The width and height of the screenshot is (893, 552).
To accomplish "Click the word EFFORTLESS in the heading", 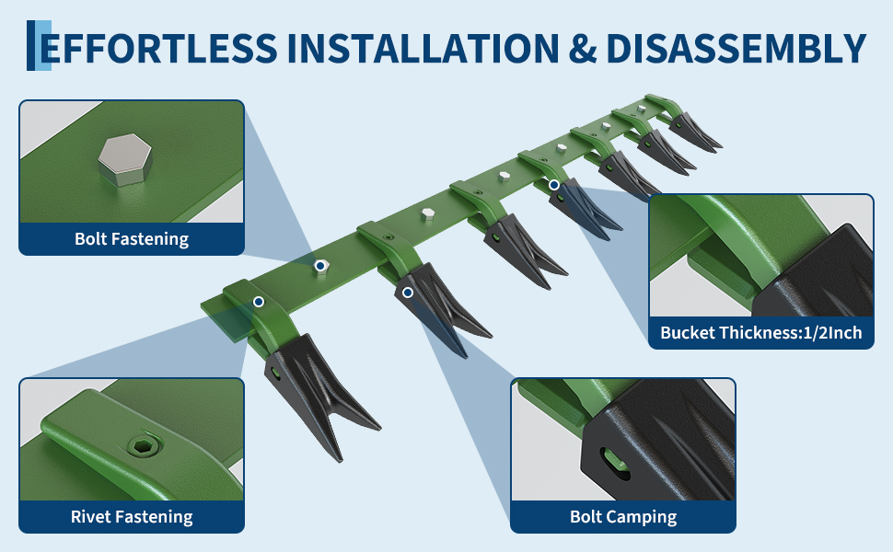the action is [x=158, y=49].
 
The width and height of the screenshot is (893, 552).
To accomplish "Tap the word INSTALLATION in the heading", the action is [x=423, y=49].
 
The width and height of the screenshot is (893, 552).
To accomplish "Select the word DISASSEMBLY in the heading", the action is [x=736, y=49].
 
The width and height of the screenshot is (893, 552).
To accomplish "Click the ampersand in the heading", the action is [x=583, y=49].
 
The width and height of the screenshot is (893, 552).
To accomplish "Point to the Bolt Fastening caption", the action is [x=132, y=239].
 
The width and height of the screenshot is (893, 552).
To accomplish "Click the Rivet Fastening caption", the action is [x=132, y=517].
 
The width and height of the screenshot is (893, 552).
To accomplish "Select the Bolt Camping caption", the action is [x=623, y=517].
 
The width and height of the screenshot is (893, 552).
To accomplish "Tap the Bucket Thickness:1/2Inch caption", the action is [x=760, y=332].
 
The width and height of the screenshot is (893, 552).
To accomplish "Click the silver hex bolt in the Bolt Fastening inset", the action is [x=124, y=160].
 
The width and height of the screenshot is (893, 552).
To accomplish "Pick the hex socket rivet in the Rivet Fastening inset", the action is [x=140, y=445].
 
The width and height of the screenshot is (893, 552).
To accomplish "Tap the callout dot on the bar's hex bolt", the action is [x=320, y=265].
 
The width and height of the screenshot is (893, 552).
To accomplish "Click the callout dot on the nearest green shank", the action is [x=259, y=302].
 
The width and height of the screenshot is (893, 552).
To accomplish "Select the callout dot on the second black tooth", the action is [x=408, y=293].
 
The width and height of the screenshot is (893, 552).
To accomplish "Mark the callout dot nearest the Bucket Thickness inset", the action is [x=553, y=185].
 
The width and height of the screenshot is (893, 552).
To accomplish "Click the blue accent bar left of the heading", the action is [x=39, y=45].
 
